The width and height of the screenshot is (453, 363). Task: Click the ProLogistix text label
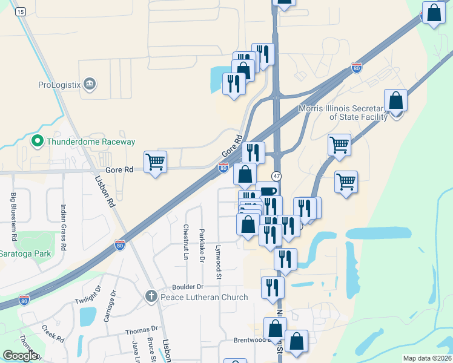coord(59,85)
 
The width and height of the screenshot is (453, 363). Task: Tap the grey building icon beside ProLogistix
coord(90,83)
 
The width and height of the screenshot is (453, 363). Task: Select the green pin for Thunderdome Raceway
coord(36,141)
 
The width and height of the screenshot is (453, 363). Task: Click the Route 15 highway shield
coord(21,11)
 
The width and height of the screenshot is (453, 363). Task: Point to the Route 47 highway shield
coord(276,175)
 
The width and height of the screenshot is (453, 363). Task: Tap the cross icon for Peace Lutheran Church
coord(151,296)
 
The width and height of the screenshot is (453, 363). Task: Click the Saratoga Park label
coord(25,253)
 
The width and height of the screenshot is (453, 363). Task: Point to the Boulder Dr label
coord(188,287)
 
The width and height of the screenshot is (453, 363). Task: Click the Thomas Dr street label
coord(141,331)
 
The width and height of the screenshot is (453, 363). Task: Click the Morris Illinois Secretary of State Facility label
coord(343,113)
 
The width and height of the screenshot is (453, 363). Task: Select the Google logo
coord(20,356)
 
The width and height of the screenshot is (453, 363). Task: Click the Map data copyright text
coord(427,358)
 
